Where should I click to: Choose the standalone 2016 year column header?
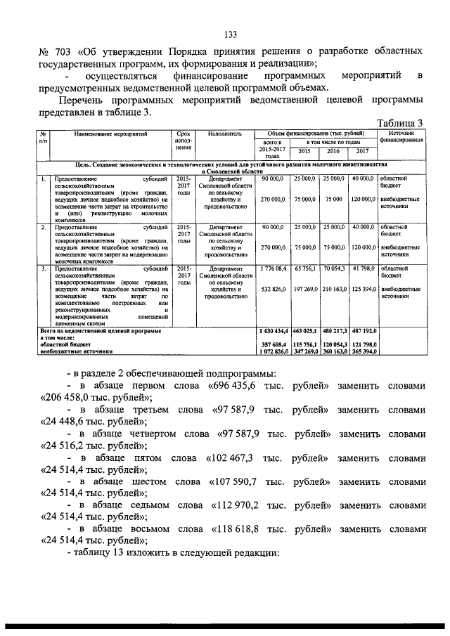[x=333, y=150]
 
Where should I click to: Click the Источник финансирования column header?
[x=401, y=136]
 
